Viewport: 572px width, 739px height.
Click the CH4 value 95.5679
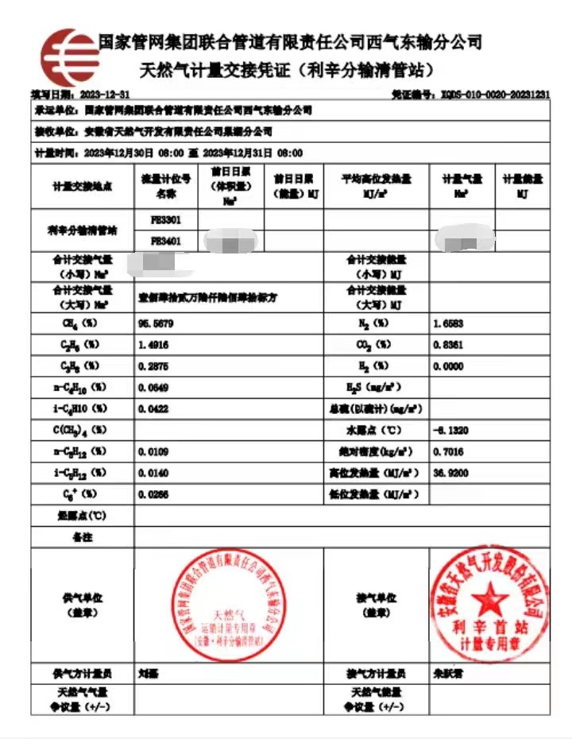pos(155,324)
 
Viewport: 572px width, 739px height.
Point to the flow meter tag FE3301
pos(165,218)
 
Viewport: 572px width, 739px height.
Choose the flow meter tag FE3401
pos(165,239)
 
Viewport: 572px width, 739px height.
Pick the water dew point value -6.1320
pos(449,430)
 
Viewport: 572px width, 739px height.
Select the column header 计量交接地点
pos(83,186)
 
